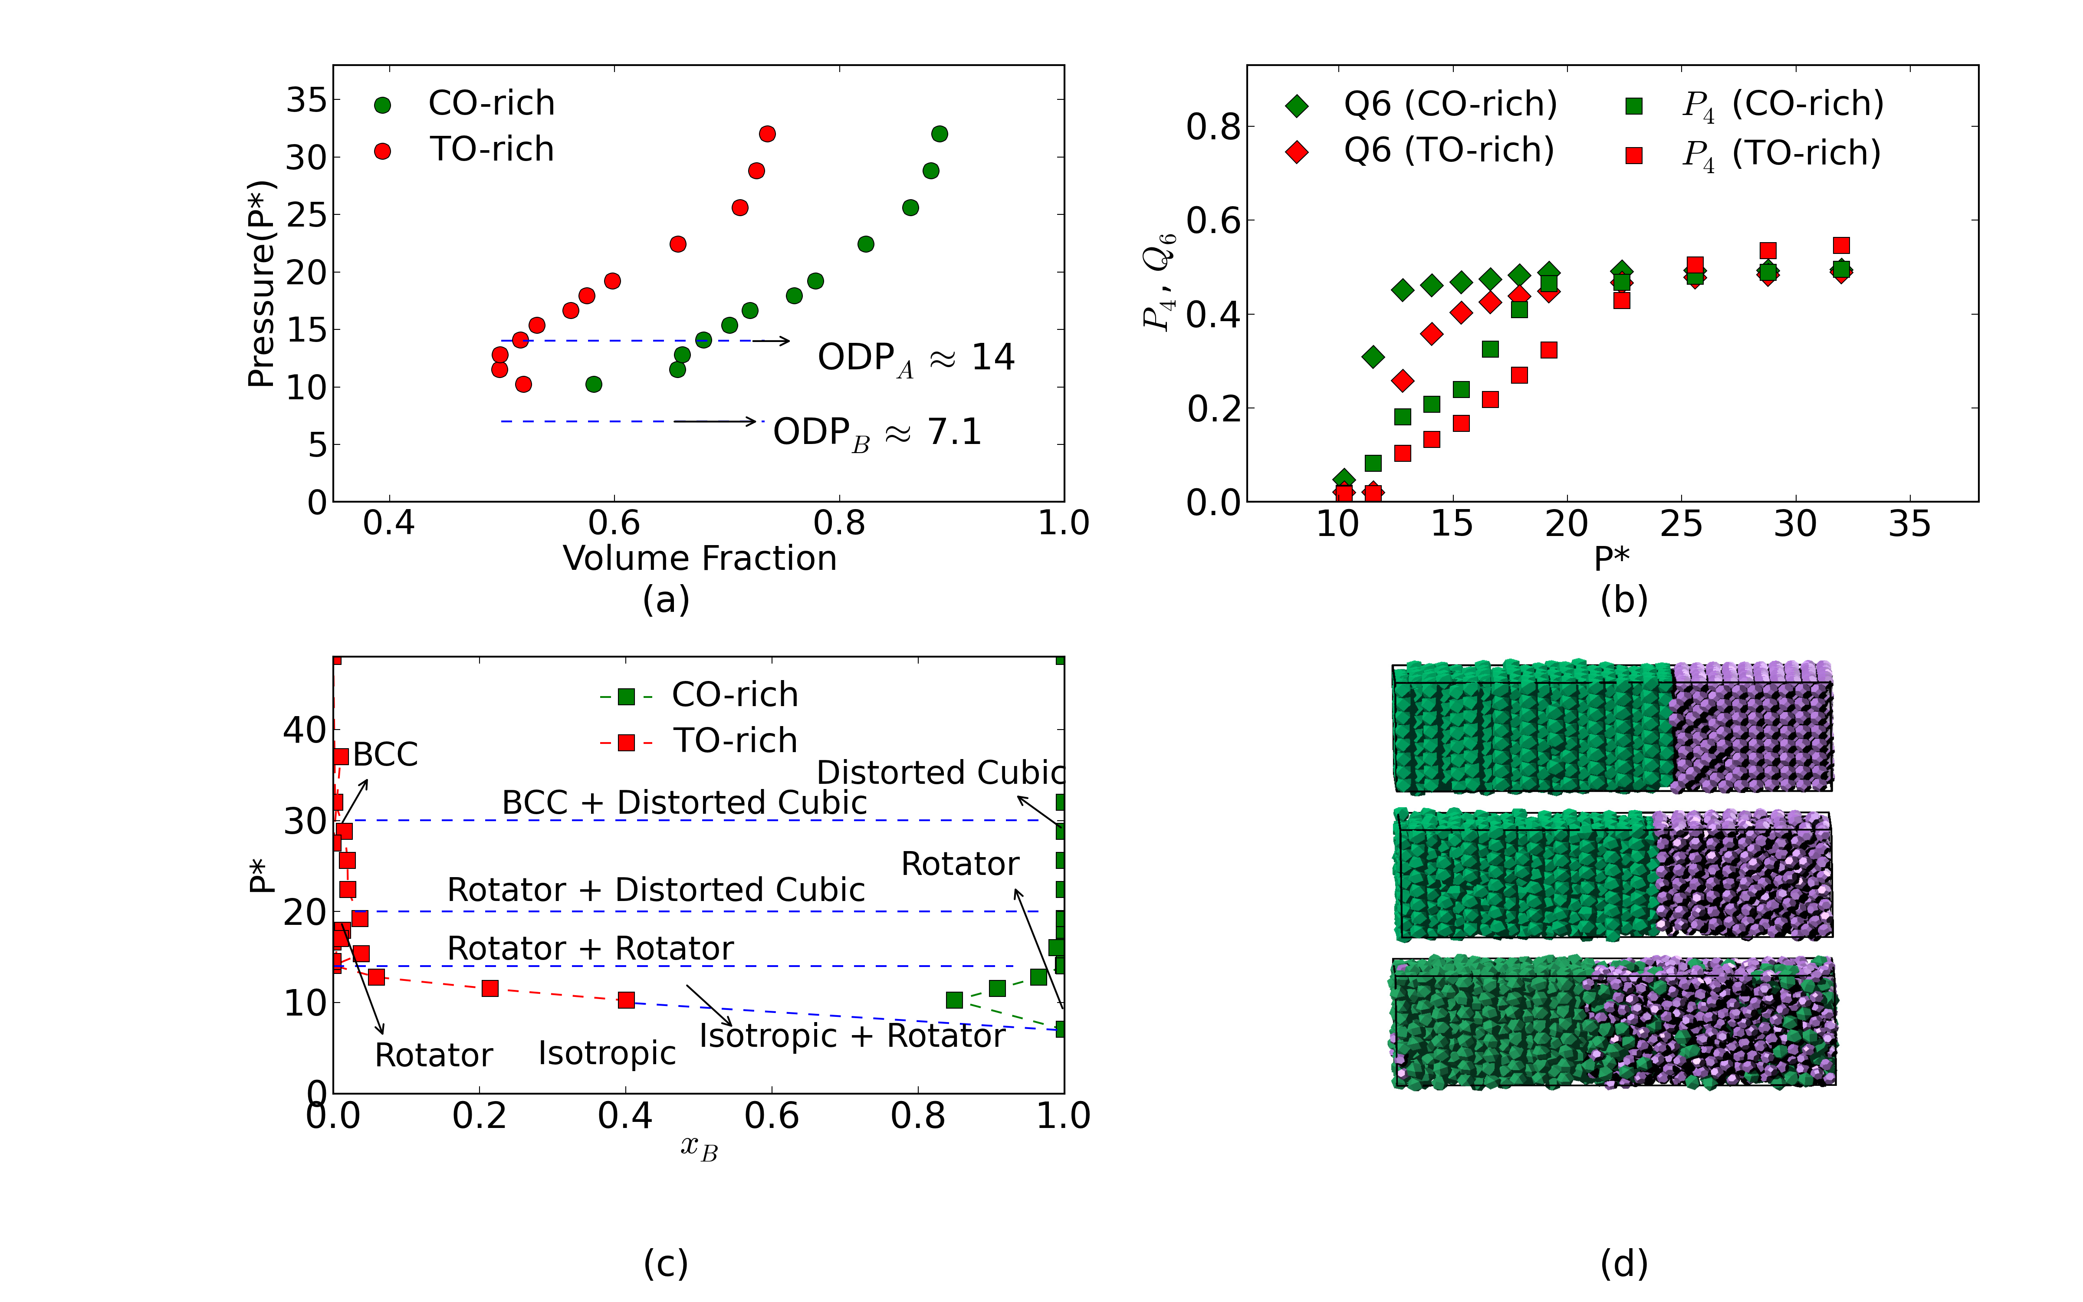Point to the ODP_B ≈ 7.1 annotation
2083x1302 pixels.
coord(877,432)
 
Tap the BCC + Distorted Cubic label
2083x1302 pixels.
coord(684,802)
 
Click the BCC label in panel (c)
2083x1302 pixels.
coord(385,754)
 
